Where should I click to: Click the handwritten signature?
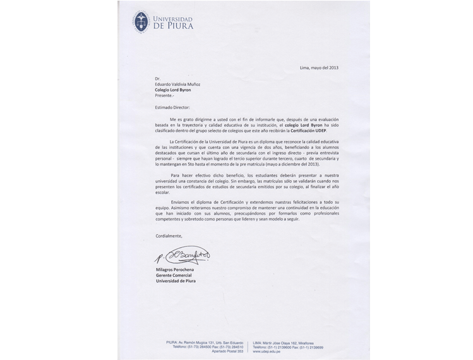click(183, 255)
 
